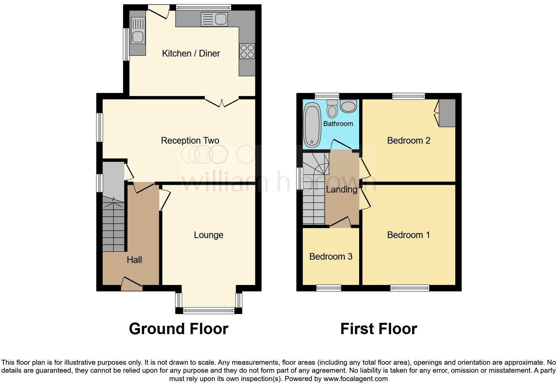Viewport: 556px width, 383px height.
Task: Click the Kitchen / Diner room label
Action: tap(191, 54)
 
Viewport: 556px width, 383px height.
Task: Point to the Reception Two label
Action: tap(190, 141)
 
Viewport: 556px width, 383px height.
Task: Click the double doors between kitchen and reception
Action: tap(222, 102)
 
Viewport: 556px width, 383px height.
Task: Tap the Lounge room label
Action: tap(208, 235)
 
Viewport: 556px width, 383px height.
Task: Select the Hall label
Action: tap(134, 260)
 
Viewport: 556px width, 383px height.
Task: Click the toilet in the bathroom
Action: tap(332, 109)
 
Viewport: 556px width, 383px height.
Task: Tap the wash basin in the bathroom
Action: tap(348, 106)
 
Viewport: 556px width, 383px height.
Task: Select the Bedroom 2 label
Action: tap(408, 141)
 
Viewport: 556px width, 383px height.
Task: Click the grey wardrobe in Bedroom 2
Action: tap(447, 113)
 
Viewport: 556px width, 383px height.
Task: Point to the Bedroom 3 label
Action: tap(331, 257)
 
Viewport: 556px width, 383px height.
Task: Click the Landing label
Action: tap(342, 190)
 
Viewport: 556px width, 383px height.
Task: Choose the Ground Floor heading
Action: tap(179, 329)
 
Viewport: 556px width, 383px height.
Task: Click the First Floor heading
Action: tap(378, 329)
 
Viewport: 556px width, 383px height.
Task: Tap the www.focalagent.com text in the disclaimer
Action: tap(355, 378)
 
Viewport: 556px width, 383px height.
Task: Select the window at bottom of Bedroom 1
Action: tap(410, 288)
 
